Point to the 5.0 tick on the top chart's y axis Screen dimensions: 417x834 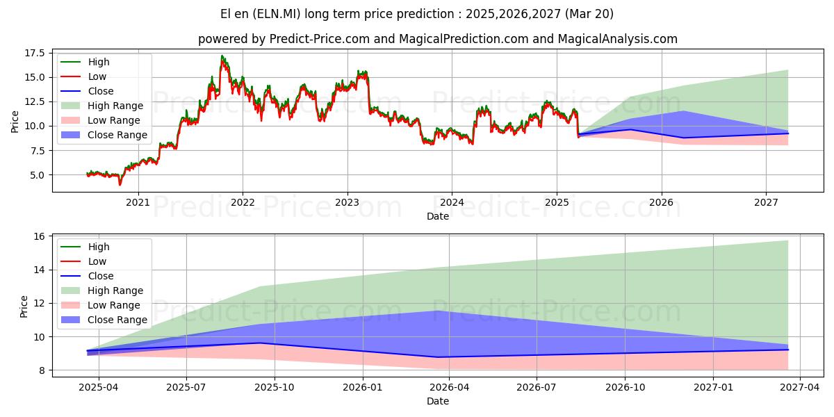click(x=38, y=175)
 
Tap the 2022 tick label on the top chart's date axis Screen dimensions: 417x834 click(x=243, y=202)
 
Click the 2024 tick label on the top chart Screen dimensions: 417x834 click(x=452, y=202)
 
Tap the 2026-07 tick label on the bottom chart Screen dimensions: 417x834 click(x=538, y=386)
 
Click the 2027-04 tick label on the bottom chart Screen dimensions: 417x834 click(x=801, y=386)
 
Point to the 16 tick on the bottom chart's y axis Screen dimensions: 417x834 click(x=40, y=237)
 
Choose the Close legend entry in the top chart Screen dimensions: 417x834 click(x=101, y=91)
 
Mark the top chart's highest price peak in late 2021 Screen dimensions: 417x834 click(x=222, y=56)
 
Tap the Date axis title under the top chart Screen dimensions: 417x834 click(x=438, y=216)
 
